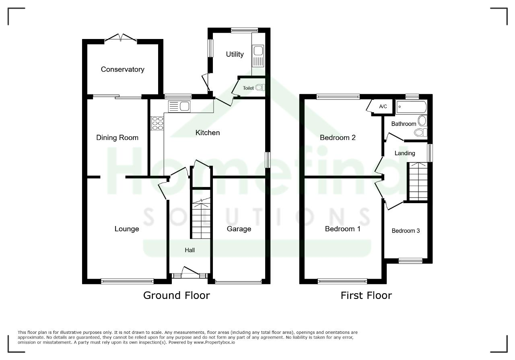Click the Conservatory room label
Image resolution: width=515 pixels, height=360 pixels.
point(123,69)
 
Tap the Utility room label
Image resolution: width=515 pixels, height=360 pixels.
point(235,54)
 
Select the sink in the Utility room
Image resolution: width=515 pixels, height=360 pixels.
point(258,56)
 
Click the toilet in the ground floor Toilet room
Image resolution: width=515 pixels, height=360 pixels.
point(260,87)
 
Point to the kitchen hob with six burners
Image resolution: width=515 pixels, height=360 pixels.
point(157,123)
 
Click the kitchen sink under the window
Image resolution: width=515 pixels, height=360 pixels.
point(179,107)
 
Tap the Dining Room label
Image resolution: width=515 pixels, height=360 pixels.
point(117,138)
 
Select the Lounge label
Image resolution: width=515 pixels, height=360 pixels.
point(127,229)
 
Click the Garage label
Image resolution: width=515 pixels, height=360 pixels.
point(239,229)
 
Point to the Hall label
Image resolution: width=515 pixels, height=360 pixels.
point(190,250)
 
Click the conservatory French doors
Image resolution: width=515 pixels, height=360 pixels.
point(121,38)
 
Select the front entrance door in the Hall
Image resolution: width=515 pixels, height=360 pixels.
point(190,271)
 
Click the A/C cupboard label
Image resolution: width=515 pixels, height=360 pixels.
point(383,107)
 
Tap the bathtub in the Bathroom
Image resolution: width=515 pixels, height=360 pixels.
point(411,107)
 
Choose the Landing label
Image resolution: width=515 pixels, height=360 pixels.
point(405,153)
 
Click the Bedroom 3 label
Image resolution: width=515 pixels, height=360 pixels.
point(406,231)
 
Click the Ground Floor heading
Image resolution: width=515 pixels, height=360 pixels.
point(177,295)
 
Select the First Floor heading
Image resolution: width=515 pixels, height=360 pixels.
point(366,295)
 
